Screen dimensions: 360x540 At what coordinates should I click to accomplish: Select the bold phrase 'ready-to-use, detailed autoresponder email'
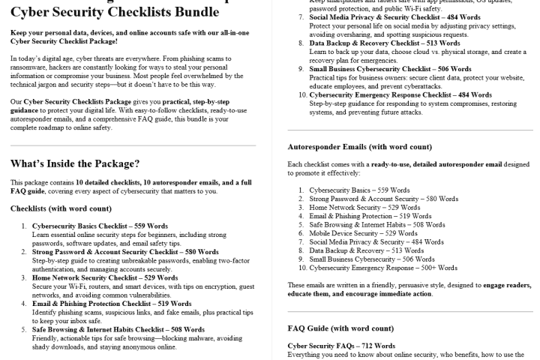[x=419, y=163]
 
